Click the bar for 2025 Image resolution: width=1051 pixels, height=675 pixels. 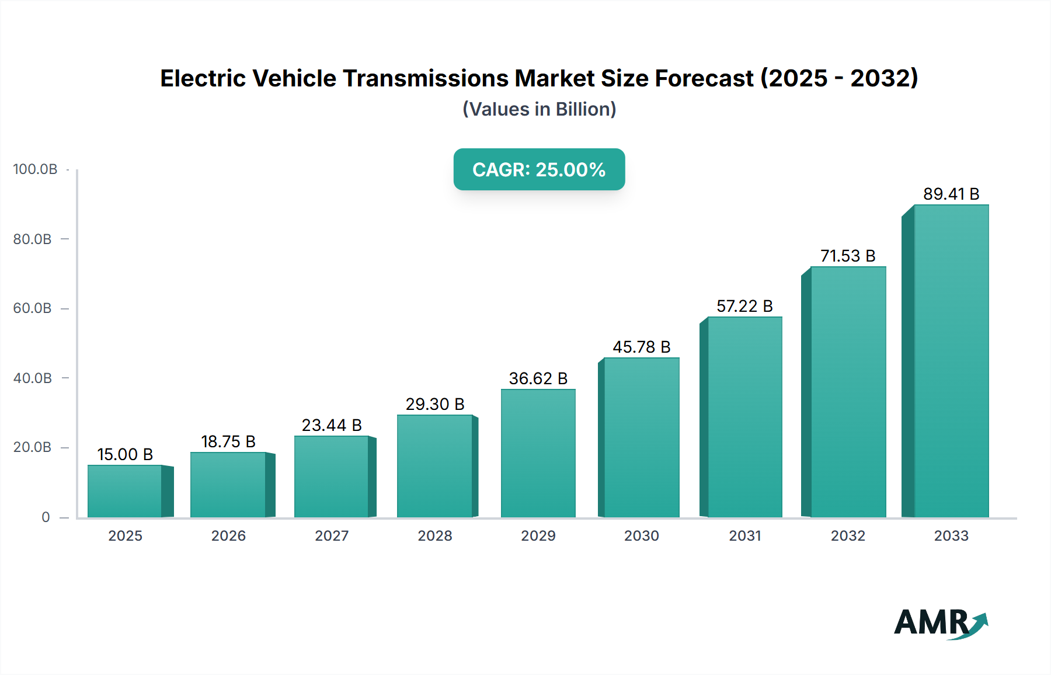coord(125,491)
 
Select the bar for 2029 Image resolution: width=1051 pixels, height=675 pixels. coord(538,453)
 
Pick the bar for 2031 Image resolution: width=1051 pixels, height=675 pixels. coord(744,417)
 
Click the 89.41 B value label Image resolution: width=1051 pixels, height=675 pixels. coord(951,194)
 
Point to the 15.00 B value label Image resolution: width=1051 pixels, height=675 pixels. coord(125,454)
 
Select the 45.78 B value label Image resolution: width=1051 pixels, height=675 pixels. coord(641,347)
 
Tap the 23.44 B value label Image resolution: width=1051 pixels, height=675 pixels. coord(332,425)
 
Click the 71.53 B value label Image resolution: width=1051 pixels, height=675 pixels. coord(848,256)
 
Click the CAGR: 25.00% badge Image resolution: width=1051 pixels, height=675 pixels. coord(539,169)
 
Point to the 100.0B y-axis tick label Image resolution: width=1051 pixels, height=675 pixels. coord(35,169)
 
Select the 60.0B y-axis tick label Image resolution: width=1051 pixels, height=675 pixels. coord(33,308)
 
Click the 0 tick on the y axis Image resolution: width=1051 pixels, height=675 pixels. coord(46,517)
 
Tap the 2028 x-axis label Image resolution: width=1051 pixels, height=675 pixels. coord(435,535)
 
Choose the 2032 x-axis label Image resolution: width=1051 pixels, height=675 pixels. coord(848,535)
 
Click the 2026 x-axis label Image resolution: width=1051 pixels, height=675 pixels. coord(228,535)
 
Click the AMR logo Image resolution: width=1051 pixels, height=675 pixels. coord(940,623)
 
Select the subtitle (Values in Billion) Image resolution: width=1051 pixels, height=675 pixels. coord(539,109)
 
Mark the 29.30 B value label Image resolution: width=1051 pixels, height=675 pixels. coord(435,404)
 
